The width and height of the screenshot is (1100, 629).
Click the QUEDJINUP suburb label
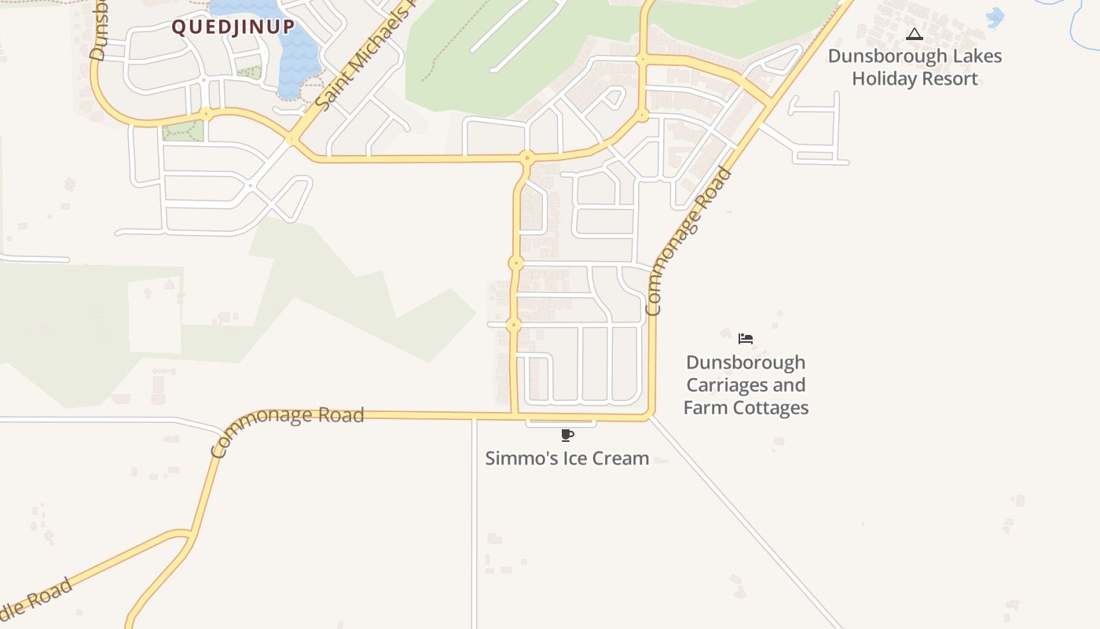[x=233, y=28]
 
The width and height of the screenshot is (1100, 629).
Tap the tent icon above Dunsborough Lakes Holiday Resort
[x=914, y=35]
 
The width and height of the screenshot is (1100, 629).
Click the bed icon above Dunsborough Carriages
[x=746, y=339]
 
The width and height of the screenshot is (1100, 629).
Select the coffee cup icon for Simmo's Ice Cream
[x=567, y=436]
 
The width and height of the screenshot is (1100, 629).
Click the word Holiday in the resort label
[x=883, y=79]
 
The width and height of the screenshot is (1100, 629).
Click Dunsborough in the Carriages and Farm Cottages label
[x=746, y=362]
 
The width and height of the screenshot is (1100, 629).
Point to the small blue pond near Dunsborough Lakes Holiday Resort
[x=995, y=17]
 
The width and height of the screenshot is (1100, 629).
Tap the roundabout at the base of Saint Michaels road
[x=292, y=138]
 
